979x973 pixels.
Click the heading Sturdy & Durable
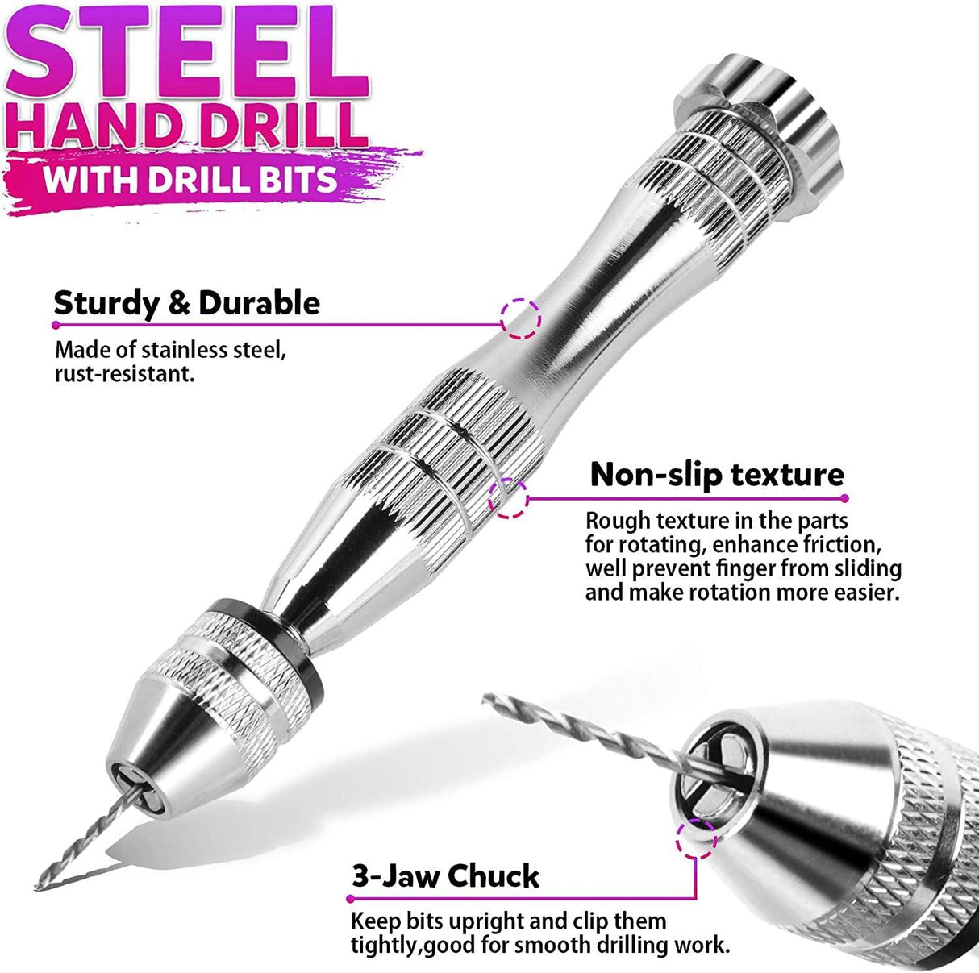187,303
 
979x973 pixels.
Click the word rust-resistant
124,375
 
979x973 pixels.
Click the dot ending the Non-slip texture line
844,499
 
